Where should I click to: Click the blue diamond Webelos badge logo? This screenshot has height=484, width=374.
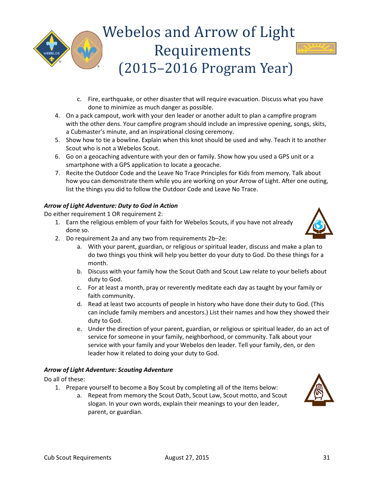(52, 49)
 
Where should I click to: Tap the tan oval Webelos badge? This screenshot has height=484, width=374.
(87, 50)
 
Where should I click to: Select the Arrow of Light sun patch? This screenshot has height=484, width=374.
(316, 48)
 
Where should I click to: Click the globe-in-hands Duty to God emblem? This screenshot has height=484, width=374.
(318, 224)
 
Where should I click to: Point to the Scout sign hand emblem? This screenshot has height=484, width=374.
(318, 390)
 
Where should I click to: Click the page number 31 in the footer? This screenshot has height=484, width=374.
(326, 457)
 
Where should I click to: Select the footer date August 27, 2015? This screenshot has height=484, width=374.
(187, 457)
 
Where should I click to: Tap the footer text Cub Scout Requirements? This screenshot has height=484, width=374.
(78, 457)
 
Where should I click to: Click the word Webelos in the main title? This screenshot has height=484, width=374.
(132, 32)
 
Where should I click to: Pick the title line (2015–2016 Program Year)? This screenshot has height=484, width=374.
(206, 68)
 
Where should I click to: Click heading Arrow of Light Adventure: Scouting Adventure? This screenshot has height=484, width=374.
(108, 369)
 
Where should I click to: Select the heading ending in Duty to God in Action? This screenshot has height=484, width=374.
(111, 205)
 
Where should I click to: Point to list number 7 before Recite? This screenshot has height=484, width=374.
(57, 173)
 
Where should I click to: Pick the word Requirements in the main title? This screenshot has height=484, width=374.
(202, 51)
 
